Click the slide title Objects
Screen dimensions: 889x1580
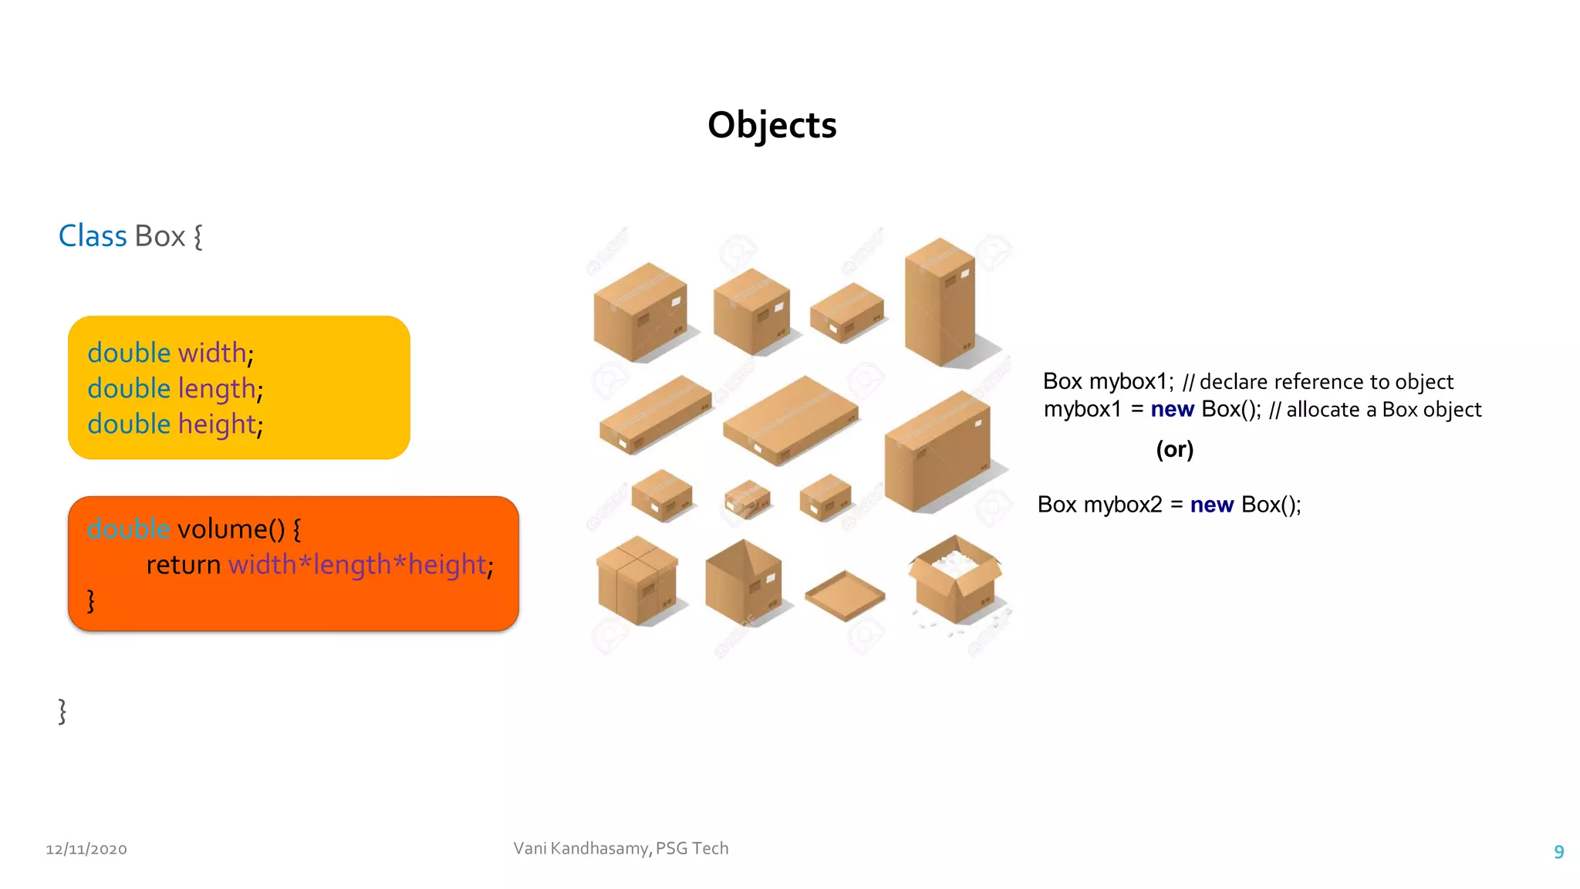pyautogui.click(x=771, y=125)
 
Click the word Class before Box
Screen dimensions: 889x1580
pyautogui.click(x=93, y=236)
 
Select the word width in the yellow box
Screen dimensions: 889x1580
pyautogui.click(x=212, y=353)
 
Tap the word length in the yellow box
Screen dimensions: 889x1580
pyautogui.click(x=217, y=389)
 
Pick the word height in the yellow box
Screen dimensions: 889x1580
pyautogui.click(x=217, y=424)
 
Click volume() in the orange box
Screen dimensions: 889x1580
pyautogui.click(x=231, y=529)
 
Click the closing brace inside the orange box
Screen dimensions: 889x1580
pyautogui.click(x=91, y=600)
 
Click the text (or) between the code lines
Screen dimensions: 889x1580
pyautogui.click(x=1174, y=449)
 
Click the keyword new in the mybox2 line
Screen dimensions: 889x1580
pyautogui.click(x=1211, y=505)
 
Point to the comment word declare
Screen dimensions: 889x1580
pyautogui.click(x=1233, y=382)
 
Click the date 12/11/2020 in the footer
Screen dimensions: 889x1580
pyautogui.click(x=86, y=849)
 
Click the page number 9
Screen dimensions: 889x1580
pyautogui.click(x=1558, y=852)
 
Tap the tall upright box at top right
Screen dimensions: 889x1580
pyautogui.click(x=939, y=303)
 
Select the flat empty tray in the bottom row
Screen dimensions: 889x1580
pyautogui.click(x=845, y=595)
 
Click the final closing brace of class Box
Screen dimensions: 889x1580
pyautogui.click(x=62, y=711)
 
